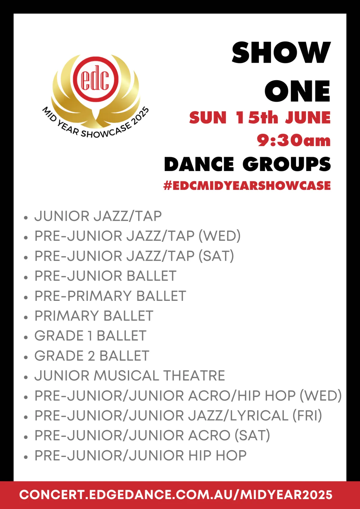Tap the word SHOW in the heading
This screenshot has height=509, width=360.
[x=281, y=52]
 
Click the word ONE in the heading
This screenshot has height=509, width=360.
[x=298, y=91]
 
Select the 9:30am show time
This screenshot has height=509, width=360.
[x=294, y=140]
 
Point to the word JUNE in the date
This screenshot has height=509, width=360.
[x=308, y=118]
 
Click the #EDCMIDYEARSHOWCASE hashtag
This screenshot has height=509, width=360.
[x=247, y=185]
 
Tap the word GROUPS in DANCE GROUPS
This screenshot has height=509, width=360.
[x=287, y=164]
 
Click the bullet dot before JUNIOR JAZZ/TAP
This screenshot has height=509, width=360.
[x=26, y=217]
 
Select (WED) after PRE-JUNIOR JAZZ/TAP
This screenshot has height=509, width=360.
[x=220, y=236]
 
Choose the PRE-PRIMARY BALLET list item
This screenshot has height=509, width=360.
[x=110, y=296]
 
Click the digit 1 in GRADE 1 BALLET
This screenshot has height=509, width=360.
[x=91, y=336]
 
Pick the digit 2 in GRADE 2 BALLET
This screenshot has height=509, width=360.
[x=91, y=356]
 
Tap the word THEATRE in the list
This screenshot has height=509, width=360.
[x=194, y=376]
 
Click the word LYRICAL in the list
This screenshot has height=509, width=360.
[x=259, y=416]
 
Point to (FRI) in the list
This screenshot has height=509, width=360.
[x=307, y=416]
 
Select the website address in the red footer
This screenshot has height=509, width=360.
[x=176, y=495]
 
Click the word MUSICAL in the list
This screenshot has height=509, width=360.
[x=126, y=376]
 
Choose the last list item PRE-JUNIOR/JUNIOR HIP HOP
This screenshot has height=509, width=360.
[x=140, y=456]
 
